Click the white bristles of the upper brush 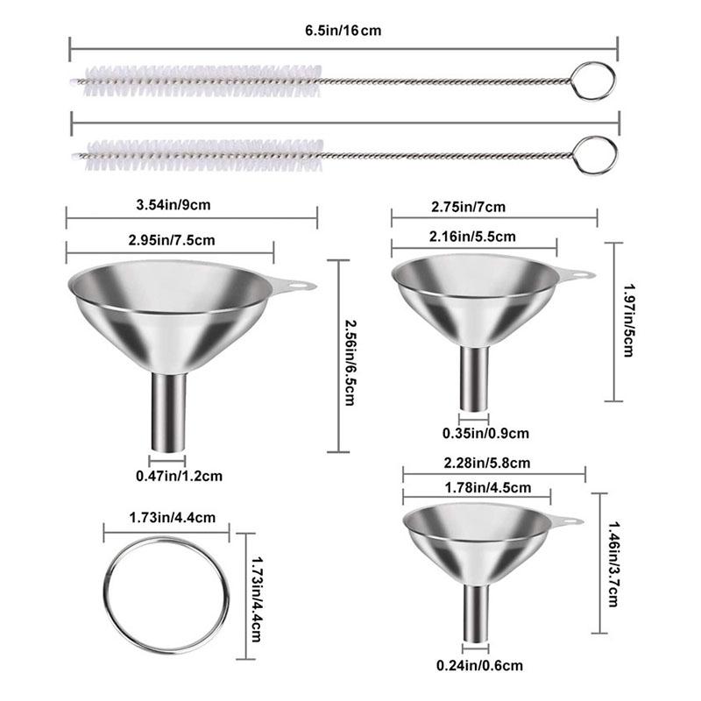[202, 81]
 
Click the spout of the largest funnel [168, 412]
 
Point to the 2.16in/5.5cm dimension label [473, 236]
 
